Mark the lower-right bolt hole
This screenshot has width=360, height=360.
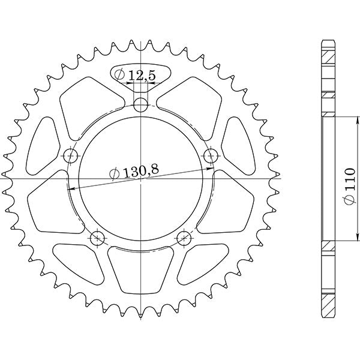point(183,238)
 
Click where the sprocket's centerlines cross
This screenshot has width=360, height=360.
point(140,179)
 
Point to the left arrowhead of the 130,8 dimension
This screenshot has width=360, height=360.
point(70,188)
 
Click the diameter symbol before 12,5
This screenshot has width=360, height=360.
point(120,75)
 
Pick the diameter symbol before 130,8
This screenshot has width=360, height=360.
point(114,175)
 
